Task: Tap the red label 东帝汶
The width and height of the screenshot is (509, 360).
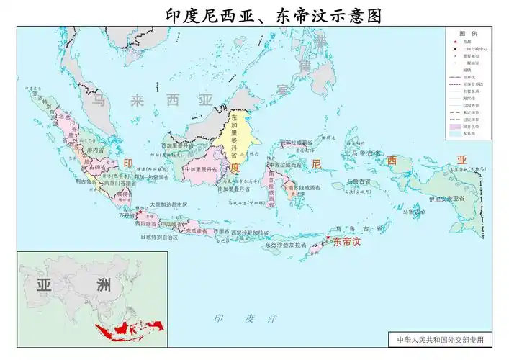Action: click(x=346, y=243)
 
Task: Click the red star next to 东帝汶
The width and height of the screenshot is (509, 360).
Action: click(x=328, y=238)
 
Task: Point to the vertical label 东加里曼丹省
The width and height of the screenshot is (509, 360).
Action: click(x=234, y=137)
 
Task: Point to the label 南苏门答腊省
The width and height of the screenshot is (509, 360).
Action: click(x=119, y=183)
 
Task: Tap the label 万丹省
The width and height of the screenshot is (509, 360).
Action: click(x=125, y=215)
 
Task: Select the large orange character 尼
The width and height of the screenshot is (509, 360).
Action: click(x=315, y=163)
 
